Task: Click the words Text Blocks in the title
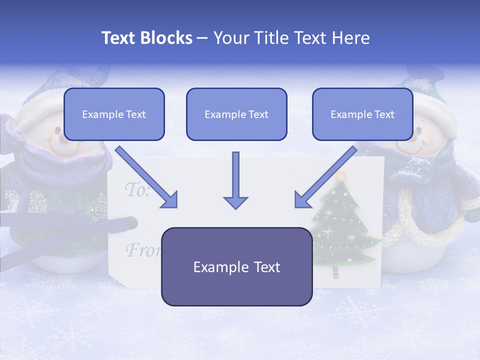point(146,38)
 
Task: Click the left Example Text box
point(114,114)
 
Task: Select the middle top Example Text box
point(236,114)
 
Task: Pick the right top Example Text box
point(362,114)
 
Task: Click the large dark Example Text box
point(236,267)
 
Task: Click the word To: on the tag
point(136,190)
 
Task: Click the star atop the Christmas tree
point(341,175)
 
